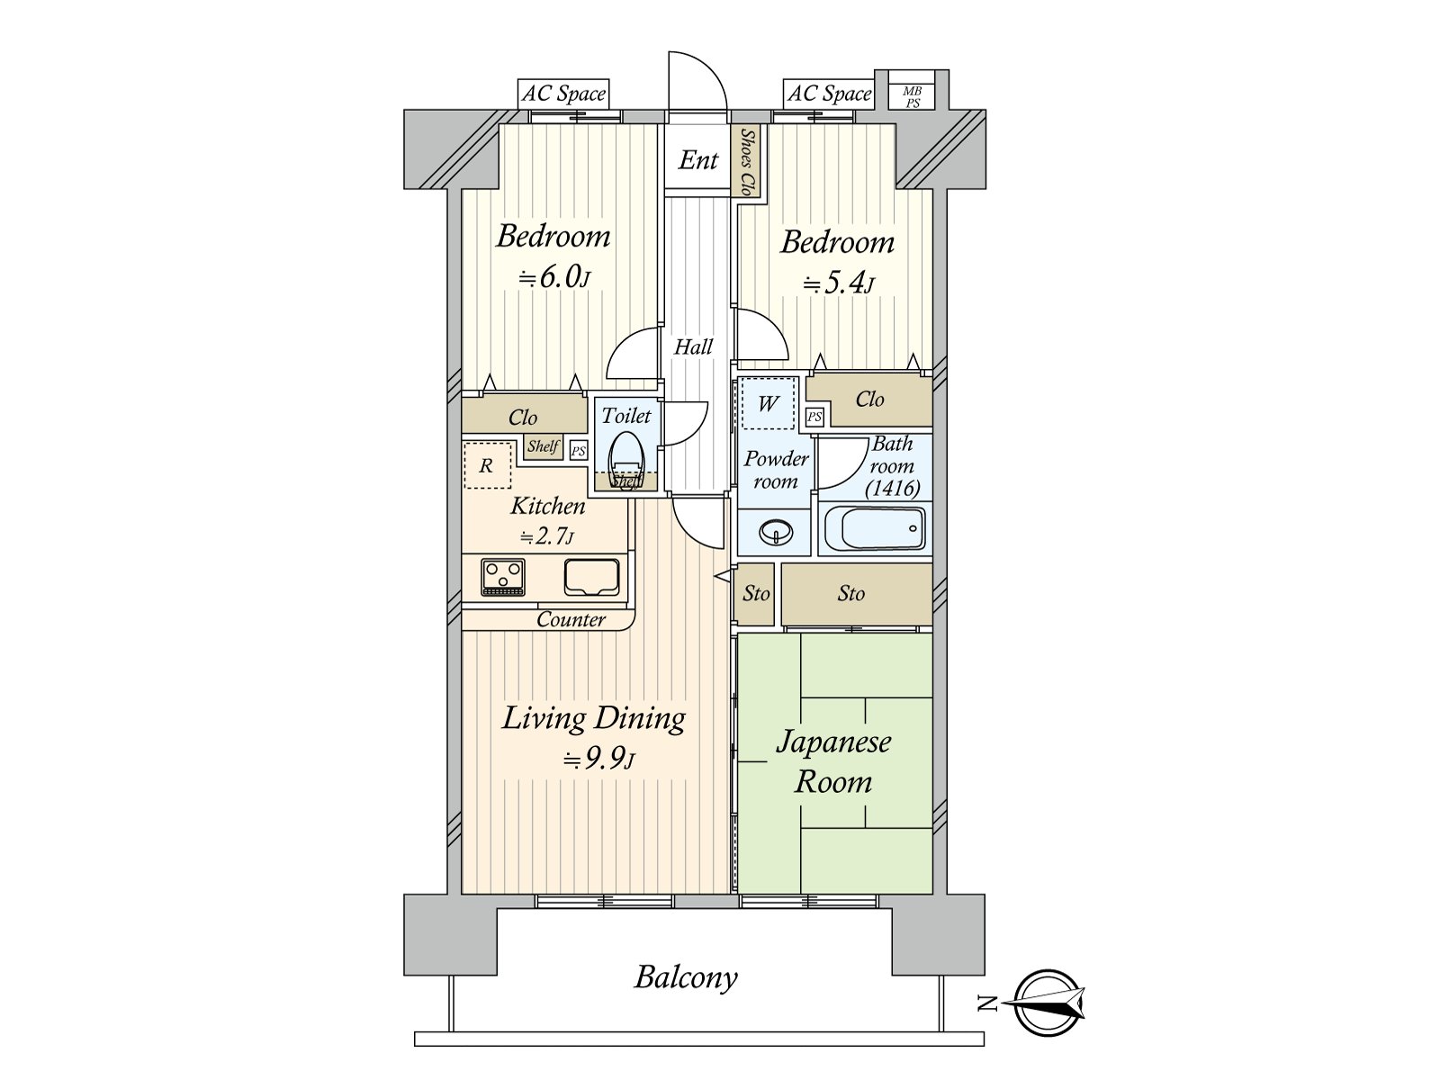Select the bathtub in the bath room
point(875,527)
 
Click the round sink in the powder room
point(776,532)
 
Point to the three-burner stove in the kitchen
point(503,577)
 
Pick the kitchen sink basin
point(591,577)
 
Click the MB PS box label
point(912,97)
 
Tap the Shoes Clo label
point(746,161)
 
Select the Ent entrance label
point(698,160)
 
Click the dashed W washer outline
point(768,403)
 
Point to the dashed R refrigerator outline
point(488,465)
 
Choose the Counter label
point(571,620)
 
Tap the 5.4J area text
point(839,284)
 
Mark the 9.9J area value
point(599,760)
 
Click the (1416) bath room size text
point(893,488)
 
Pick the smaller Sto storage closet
point(756,594)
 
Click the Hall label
point(693,346)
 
